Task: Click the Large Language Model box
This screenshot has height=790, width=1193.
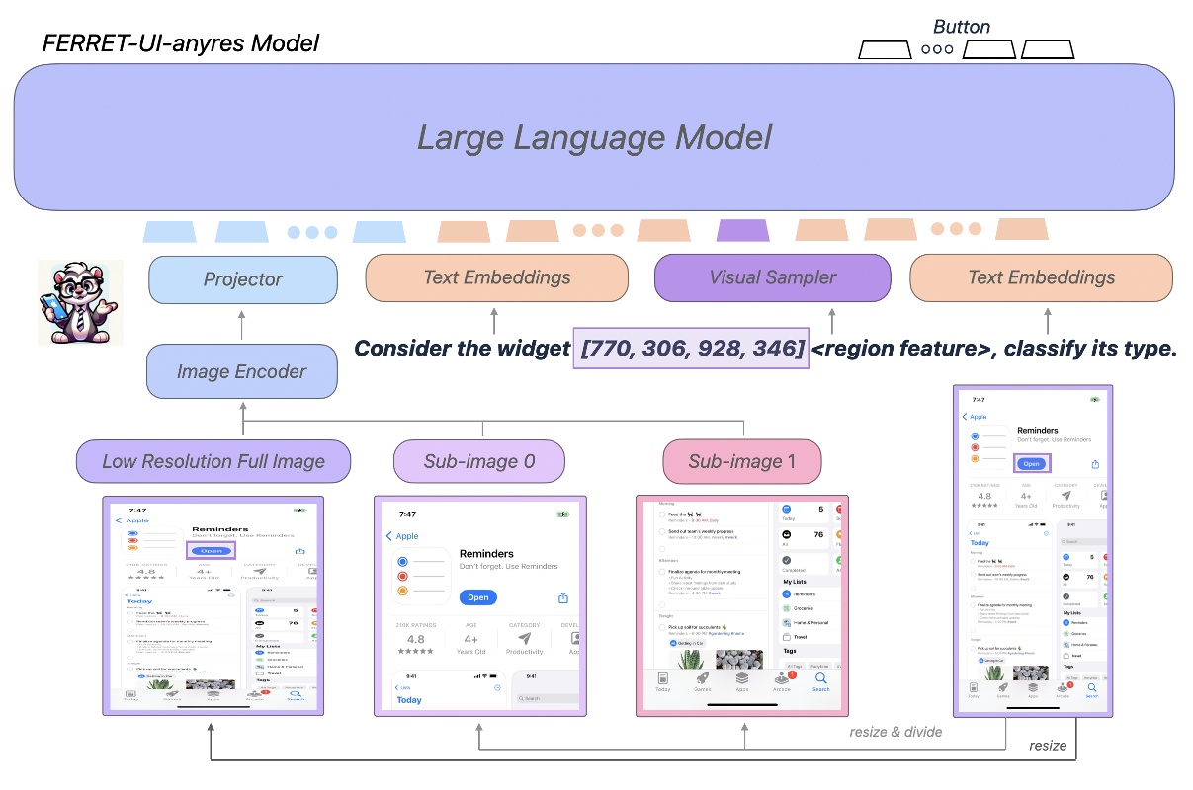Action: point(594,137)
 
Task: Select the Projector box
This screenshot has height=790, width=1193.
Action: point(242,279)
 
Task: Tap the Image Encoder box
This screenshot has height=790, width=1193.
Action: point(241,372)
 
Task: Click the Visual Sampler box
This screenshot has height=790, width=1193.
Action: point(772,277)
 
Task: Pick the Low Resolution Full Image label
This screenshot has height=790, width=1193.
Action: point(213,461)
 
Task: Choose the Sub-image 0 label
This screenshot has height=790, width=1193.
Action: point(479,461)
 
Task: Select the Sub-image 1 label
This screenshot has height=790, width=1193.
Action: point(741,461)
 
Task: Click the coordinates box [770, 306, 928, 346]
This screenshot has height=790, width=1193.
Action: point(691,349)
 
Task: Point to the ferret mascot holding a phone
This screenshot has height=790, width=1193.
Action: point(80,301)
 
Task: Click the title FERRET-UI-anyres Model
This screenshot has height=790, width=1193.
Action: point(181,44)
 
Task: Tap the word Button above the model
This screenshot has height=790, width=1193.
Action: point(961,27)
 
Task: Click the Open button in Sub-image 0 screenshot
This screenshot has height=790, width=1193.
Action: point(478,597)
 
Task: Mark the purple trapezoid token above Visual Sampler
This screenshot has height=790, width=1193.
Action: point(742,231)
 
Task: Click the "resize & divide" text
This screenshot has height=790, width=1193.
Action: point(895,732)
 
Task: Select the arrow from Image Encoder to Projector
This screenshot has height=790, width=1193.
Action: point(242,324)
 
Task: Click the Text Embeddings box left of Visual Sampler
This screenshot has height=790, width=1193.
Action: point(496,277)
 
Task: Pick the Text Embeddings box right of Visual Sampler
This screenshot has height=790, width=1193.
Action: point(1041,277)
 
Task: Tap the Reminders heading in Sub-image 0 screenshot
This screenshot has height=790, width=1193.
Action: point(488,554)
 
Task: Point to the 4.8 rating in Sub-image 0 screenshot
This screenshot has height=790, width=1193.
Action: point(415,639)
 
